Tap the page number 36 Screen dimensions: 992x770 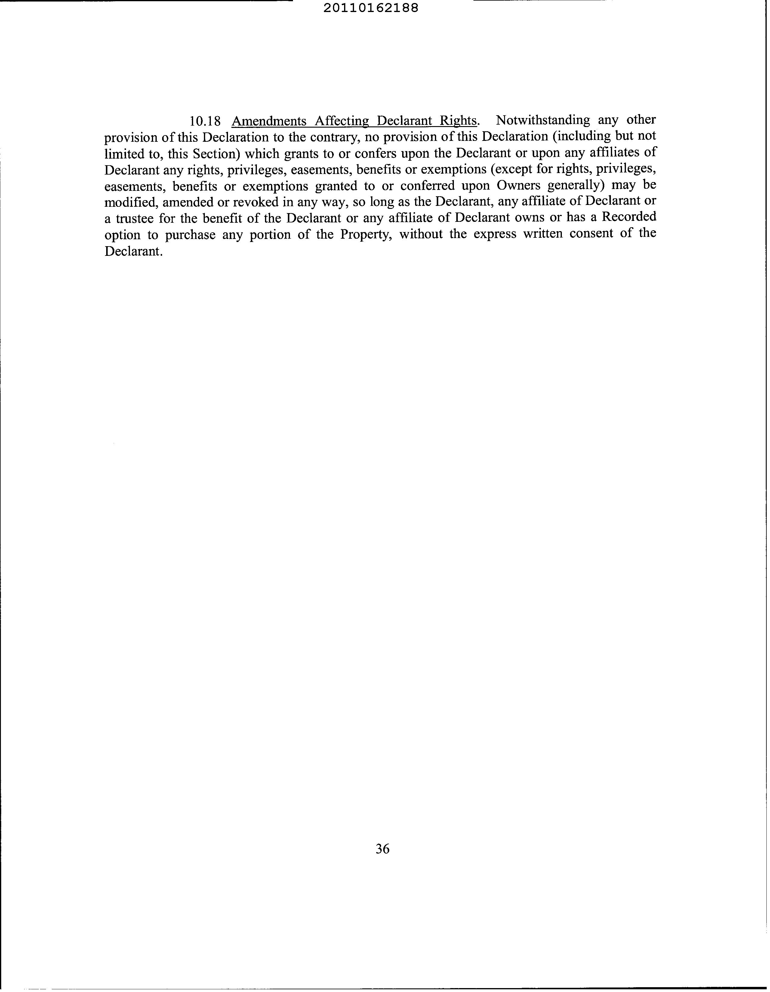[x=382, y=848]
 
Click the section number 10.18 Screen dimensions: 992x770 [x=205, y=121]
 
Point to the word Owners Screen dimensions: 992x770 [x=519, y=185]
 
